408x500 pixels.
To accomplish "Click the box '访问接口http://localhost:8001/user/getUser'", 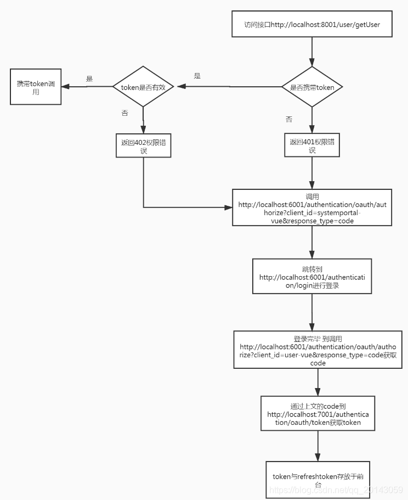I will point(312,25).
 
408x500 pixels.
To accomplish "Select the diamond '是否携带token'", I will point(312,87).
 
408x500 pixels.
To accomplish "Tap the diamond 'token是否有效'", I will point(143,86).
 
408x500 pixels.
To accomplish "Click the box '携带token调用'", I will point(36,87).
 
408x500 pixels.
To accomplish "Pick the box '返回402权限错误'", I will point(143,145).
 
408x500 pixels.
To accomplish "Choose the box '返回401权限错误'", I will point(312,145).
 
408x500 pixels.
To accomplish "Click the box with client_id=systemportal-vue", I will point(312,207).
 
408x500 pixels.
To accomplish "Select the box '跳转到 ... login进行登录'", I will point(312,277).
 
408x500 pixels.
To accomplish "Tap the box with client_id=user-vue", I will point(318,349).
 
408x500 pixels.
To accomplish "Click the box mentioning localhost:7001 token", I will point(318,414).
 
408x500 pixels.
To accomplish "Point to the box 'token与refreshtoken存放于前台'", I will point(318,480).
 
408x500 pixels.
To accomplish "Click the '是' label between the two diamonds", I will point(197,76).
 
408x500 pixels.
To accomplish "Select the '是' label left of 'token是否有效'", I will point(89,79).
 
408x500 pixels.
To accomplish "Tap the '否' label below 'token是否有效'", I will point(124,113).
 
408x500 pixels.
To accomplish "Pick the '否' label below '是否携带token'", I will point(289,119).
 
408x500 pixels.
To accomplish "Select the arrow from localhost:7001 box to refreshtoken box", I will point(318,446).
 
